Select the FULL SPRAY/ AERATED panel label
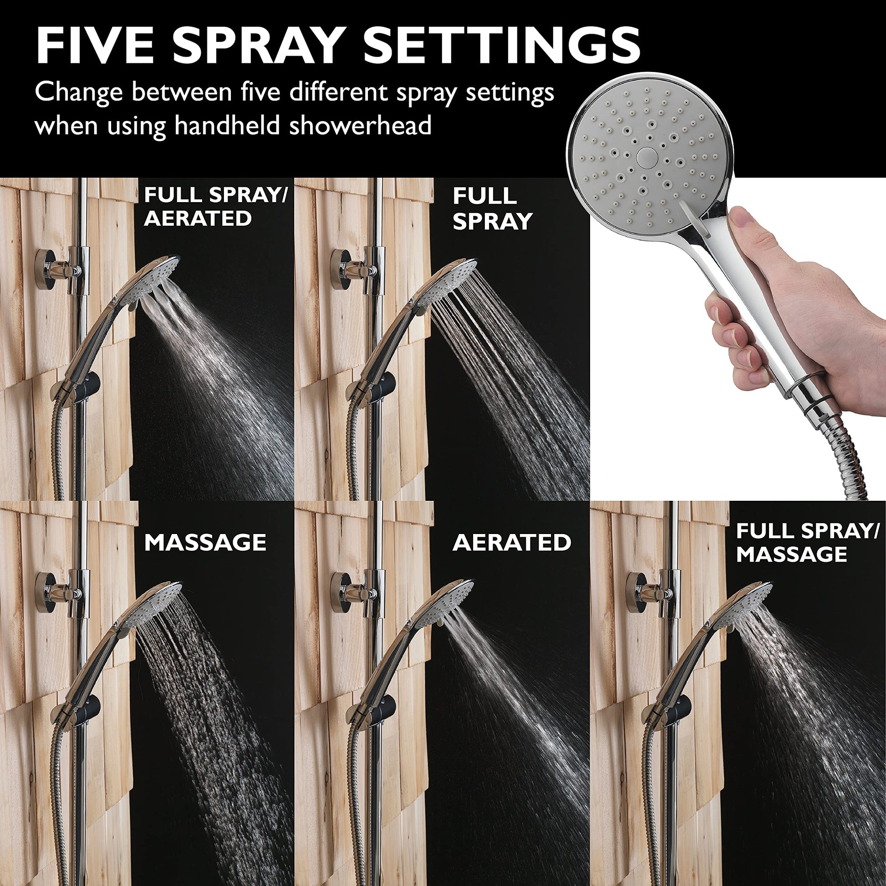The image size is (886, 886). click(x=215, y=207)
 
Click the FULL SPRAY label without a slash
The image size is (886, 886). click(x=492, y=209)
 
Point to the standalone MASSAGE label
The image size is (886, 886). click(x=205, y=543)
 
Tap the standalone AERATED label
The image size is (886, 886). click(x=512, y=543)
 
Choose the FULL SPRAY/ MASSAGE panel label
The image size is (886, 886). click(x=808, y=543)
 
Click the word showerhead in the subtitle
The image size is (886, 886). click(x=360, y=125)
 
